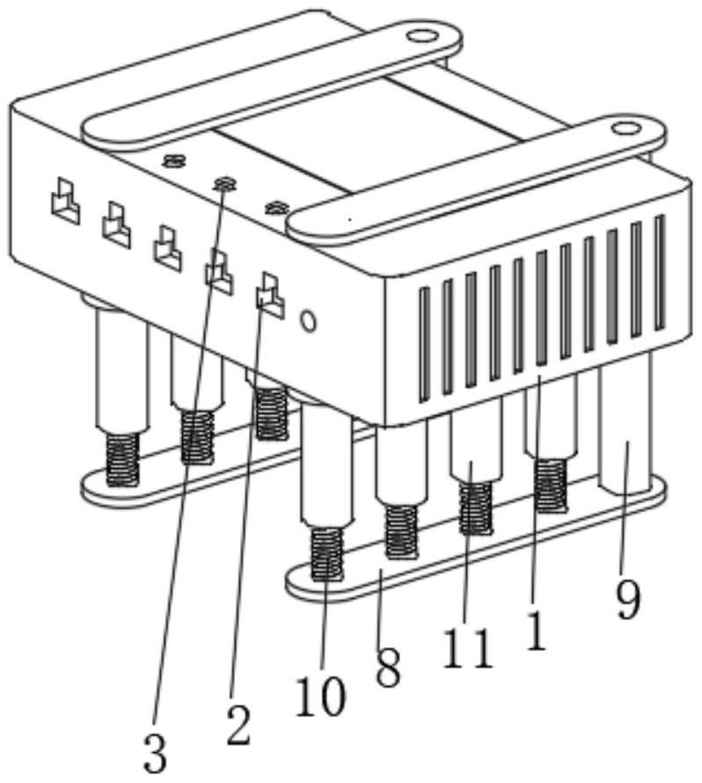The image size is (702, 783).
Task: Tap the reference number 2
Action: (237, 724)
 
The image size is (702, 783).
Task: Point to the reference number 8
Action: (387, 670)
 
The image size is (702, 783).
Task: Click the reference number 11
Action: (466, 649)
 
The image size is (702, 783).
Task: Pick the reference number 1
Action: (535, 632)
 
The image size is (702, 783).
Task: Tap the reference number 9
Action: (626, 601)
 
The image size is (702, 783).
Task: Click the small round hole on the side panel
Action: (308, 320)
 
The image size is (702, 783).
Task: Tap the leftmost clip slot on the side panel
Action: (64, 201)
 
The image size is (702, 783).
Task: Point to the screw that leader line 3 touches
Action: (225, 183)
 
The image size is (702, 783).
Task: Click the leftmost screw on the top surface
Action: (174, 161)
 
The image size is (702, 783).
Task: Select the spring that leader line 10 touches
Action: (328, 553)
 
